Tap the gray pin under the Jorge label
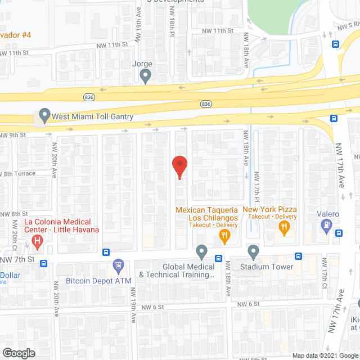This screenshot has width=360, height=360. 146,75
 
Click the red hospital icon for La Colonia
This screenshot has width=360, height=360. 38,242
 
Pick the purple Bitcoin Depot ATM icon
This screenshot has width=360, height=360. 118,265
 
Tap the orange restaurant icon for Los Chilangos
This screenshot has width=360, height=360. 224,236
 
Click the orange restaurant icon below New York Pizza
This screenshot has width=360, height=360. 284,228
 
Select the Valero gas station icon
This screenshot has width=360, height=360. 325,226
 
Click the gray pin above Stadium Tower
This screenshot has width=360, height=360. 253,251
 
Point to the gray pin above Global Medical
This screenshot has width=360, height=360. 201,251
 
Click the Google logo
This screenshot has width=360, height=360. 18,353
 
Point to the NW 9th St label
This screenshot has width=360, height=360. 13,135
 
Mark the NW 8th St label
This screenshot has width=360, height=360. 14,214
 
